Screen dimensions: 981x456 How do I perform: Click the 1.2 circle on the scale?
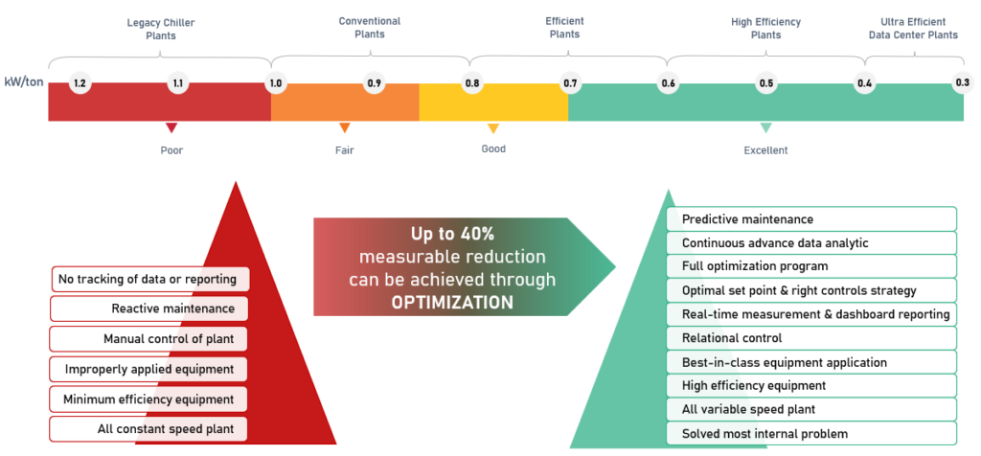point(80,82)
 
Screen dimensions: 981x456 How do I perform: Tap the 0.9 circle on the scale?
point(375,82)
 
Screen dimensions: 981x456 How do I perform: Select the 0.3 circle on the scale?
point(962,82)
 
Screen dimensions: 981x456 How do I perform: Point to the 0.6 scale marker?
point(668,82)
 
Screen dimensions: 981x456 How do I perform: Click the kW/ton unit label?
point(24,82)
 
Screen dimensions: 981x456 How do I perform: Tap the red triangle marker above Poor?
point(171,127)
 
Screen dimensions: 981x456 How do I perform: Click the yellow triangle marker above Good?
point(493,128)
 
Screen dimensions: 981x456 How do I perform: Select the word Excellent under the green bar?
point(765,150)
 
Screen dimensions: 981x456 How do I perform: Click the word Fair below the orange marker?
point(344,150)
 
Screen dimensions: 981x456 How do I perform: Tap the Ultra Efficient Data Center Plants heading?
point(913,29)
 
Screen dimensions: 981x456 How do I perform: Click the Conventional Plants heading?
point(370,28)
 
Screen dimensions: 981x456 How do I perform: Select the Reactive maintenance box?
point(148,308)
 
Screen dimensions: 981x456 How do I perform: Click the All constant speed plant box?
point(148,429)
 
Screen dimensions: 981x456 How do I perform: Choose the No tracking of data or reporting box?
point(150,279)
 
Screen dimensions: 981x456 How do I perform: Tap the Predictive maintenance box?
point(811,219)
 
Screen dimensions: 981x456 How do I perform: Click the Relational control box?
point(811,338)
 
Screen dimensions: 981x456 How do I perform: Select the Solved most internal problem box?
point(811,433)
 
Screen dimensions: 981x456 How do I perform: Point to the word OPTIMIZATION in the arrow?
point(452,303)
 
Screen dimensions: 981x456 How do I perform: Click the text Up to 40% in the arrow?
point(452,234)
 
